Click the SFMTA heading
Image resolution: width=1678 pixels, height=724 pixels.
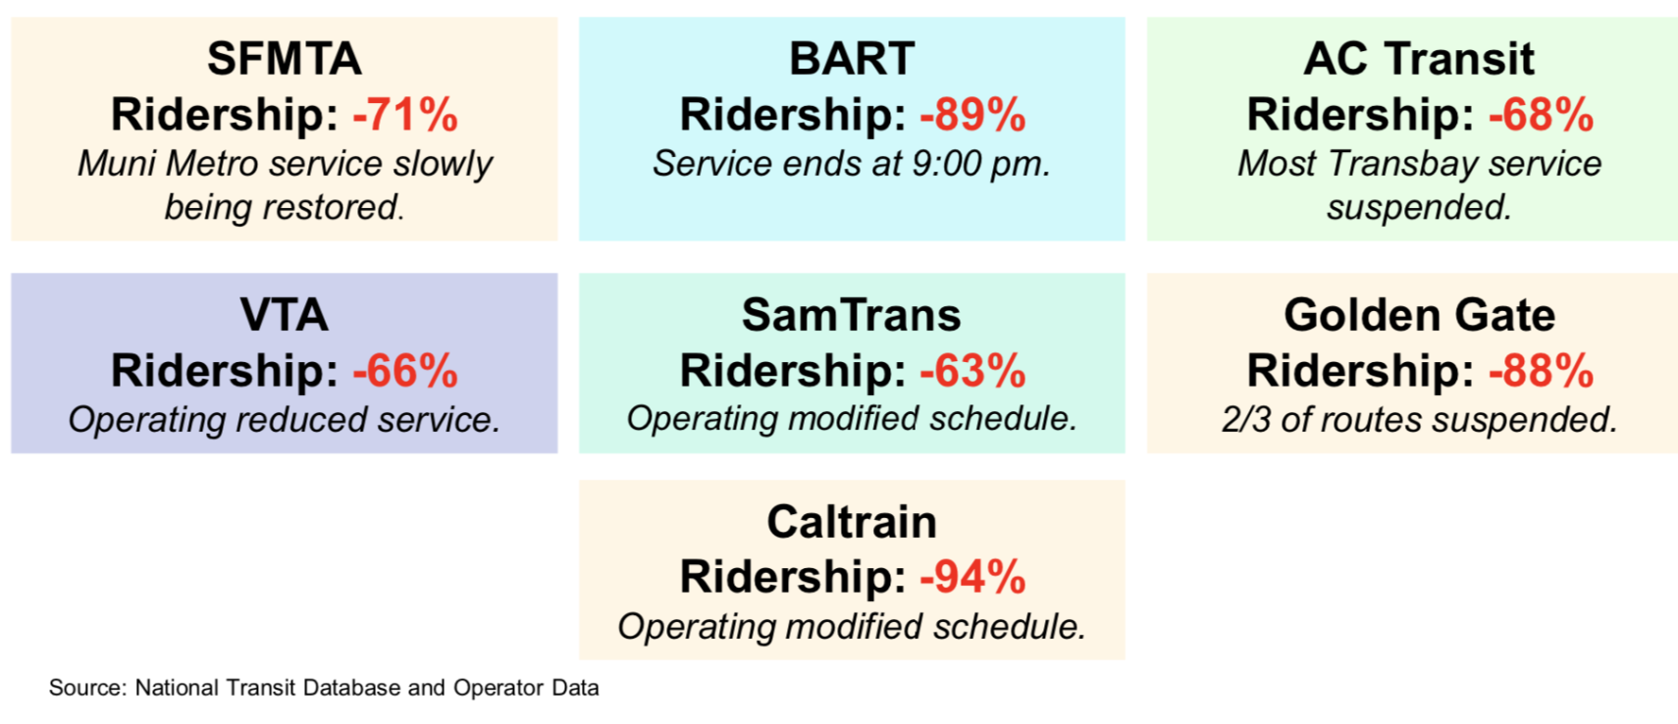coord(284,59)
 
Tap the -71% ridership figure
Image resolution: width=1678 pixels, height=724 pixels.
coord(405,115)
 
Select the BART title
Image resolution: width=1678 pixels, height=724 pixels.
coord(852,59)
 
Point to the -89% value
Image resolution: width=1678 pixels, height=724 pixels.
coord(972,115)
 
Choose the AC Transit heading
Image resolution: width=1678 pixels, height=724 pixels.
coord(1418,59)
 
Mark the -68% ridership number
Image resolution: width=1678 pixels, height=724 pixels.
coord(1541,115)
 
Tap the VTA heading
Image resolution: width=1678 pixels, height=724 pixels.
coord(284,315)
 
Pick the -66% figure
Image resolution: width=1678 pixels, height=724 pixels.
coord(405,372)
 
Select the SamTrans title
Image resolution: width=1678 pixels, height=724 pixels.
coord(852,315)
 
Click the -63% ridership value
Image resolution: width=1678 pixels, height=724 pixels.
coord(972,372)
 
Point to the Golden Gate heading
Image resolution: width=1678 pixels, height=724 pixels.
coord(1419,315)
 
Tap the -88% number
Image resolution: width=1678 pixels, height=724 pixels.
coord(1541,372)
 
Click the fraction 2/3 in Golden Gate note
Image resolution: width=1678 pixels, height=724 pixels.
coord(1245,420)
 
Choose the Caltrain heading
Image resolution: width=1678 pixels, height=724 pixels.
coord(852,522)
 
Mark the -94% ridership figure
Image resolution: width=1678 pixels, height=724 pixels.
coord(972,577)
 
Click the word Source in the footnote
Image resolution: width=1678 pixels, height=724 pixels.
coord(86,688)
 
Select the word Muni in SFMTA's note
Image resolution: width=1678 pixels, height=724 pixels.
coord(117,164)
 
